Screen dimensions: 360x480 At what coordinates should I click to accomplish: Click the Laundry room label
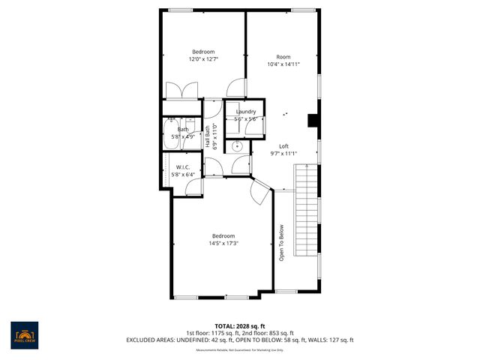coord(245,112)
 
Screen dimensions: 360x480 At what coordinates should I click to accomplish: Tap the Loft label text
coord(283,146)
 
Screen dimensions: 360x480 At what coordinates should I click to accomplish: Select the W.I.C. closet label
coord(182,167)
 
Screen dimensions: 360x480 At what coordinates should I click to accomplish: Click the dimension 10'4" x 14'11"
coord(283,64)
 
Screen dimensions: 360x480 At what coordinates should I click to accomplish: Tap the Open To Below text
coord(282,244)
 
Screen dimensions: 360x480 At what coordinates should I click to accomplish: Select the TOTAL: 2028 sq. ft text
coord(239,325)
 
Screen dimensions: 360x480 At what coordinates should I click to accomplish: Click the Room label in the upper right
coord(283,57)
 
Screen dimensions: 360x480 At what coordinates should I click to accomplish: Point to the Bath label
coord(183,130)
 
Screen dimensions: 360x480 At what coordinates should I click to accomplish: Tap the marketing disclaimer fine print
coord(239,349)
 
